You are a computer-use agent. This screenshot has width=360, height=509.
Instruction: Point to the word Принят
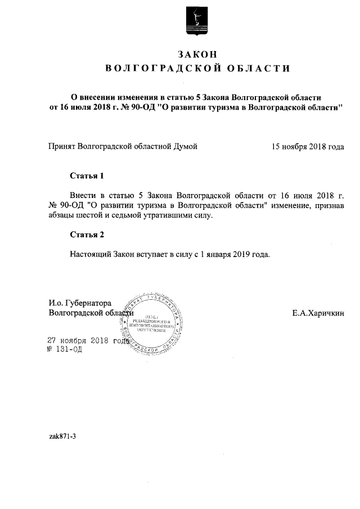[62, 147]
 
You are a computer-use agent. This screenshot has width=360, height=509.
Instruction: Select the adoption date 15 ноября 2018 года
[308, 147]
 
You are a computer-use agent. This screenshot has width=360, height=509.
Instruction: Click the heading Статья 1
[87, 175]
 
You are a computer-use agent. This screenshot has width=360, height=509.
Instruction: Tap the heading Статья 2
[87, 235]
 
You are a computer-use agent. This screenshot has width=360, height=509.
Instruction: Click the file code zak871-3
[62, 436]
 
